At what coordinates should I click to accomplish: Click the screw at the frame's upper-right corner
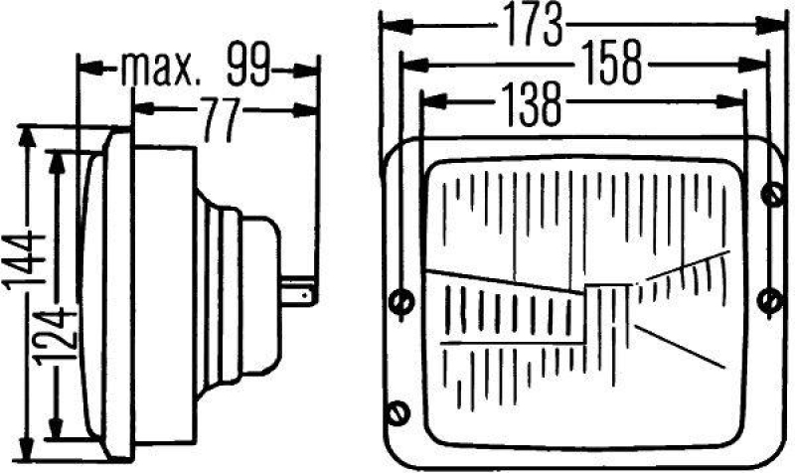tap(771, 195)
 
